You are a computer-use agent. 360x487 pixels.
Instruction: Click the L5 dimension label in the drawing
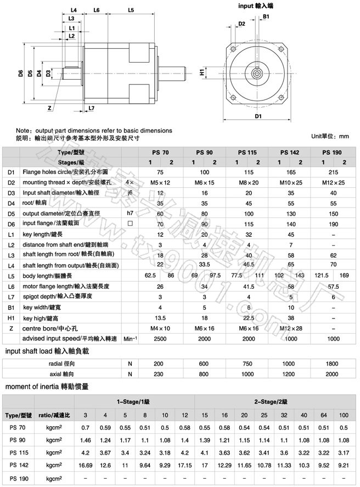(x=131, y=10)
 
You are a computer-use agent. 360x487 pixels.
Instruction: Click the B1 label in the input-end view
(x=265, y=18)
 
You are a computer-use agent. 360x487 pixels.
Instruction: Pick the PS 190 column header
(x=332, y=152)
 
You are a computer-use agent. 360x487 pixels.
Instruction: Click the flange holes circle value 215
(x=332, y=172)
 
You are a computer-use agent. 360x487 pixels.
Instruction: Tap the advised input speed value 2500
(x=160, y=339)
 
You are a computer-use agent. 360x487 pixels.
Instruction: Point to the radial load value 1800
(x=332, y=363)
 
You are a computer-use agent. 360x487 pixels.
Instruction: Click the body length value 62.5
(x=150, y=276)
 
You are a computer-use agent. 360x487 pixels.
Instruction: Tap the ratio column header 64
(x=324, y=414)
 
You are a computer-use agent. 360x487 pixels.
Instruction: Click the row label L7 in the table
(x=11, y=297)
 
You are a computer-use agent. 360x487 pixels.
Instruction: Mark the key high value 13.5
(x=160, y=318)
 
